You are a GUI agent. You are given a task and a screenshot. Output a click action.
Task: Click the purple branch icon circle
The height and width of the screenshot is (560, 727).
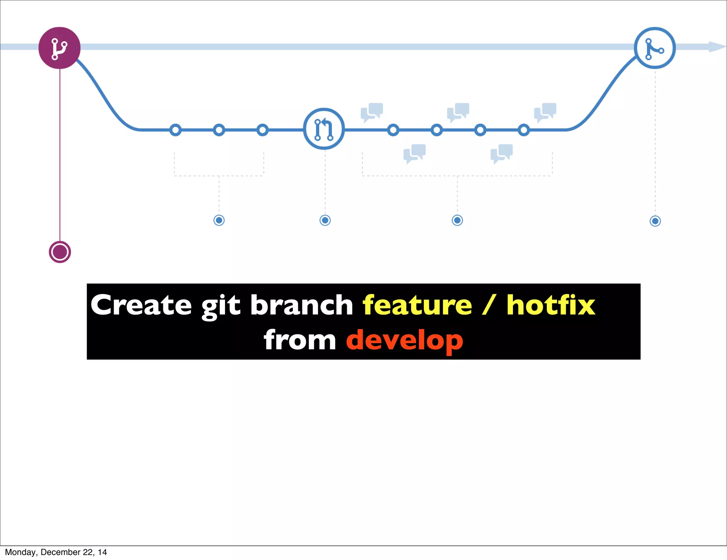pos(59,48)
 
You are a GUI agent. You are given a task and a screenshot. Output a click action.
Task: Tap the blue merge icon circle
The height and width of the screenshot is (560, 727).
pos(655,48)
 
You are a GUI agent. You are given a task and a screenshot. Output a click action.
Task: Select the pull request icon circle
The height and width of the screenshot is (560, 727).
pos(324,129)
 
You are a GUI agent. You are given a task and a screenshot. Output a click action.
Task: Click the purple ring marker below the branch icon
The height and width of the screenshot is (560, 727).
pos(60,252)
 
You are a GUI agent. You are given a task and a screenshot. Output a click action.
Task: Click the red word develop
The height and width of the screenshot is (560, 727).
pos(404,340)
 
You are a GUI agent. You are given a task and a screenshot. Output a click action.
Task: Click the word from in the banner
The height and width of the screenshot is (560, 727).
pos(300,340)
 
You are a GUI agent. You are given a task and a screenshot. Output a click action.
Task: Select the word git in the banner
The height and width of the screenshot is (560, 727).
pos(221,306)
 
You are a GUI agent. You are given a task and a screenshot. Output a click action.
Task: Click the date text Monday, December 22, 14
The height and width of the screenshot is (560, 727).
pos(56,552)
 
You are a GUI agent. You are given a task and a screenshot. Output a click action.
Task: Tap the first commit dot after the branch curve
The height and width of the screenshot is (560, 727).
pos(175,130)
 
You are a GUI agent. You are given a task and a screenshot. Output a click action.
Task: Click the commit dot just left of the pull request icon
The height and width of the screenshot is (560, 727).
pos(262,130)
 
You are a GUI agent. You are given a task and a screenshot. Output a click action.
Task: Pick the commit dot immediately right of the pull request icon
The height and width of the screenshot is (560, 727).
pos(393,130)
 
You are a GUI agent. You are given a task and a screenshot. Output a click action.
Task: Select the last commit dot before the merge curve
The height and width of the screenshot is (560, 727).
pos(524,130)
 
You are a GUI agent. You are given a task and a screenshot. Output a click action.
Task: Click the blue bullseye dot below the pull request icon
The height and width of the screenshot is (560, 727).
pos(325,220)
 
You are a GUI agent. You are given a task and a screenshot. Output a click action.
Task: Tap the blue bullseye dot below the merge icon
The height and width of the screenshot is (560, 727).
pos(655,221)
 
